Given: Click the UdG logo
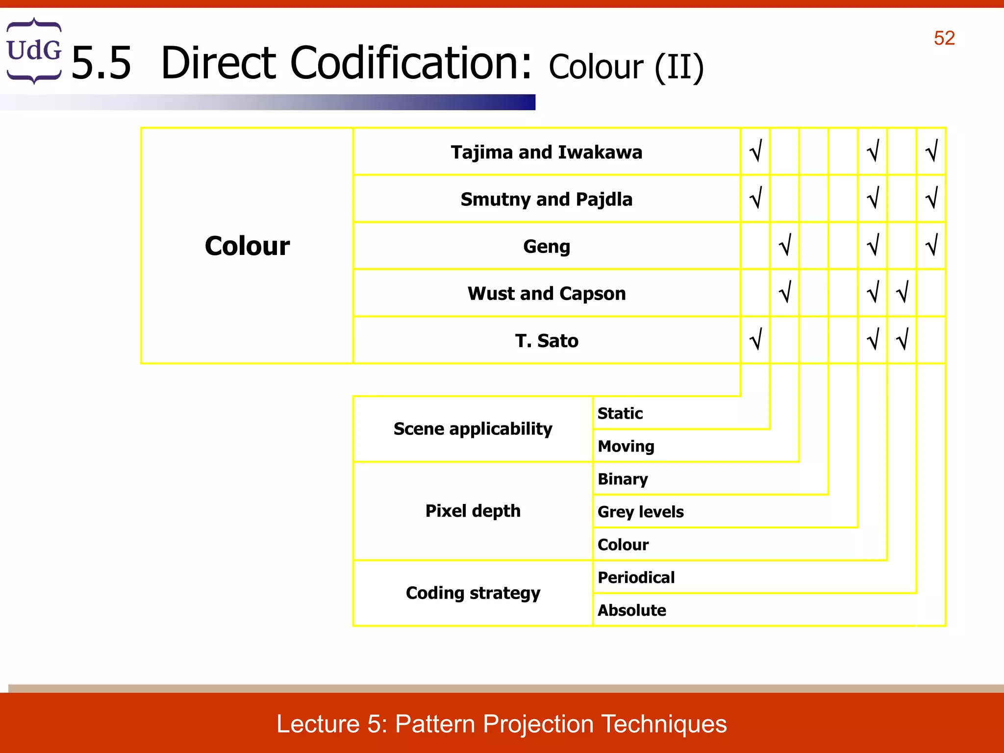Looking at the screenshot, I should pos(34,51).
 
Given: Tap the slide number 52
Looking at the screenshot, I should pos(944,38).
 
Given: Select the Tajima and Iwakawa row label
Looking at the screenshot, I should pos(546,152).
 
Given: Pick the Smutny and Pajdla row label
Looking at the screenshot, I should pos(546,200).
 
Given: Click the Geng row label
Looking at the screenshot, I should pos(546,246).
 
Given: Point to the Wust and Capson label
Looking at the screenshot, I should pos(546,294).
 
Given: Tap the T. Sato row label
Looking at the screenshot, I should pos(546,341).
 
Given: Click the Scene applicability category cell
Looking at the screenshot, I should pos(473,429).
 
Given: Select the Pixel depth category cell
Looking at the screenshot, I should pos(473,511).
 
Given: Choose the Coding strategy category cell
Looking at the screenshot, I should pos(473,593).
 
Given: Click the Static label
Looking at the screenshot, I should pos(620,413).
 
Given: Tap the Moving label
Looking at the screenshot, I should pos(626,446).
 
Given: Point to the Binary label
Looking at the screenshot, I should pos(623,479).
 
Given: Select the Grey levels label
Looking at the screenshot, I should pos(640,512).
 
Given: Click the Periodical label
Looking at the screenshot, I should pos(636,577).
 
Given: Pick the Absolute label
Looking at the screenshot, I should pos(631,610).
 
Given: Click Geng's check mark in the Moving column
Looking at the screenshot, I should pos(785,245).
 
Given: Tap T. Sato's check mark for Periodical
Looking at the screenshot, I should pos(902,339).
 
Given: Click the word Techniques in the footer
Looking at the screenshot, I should pos(663,724).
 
